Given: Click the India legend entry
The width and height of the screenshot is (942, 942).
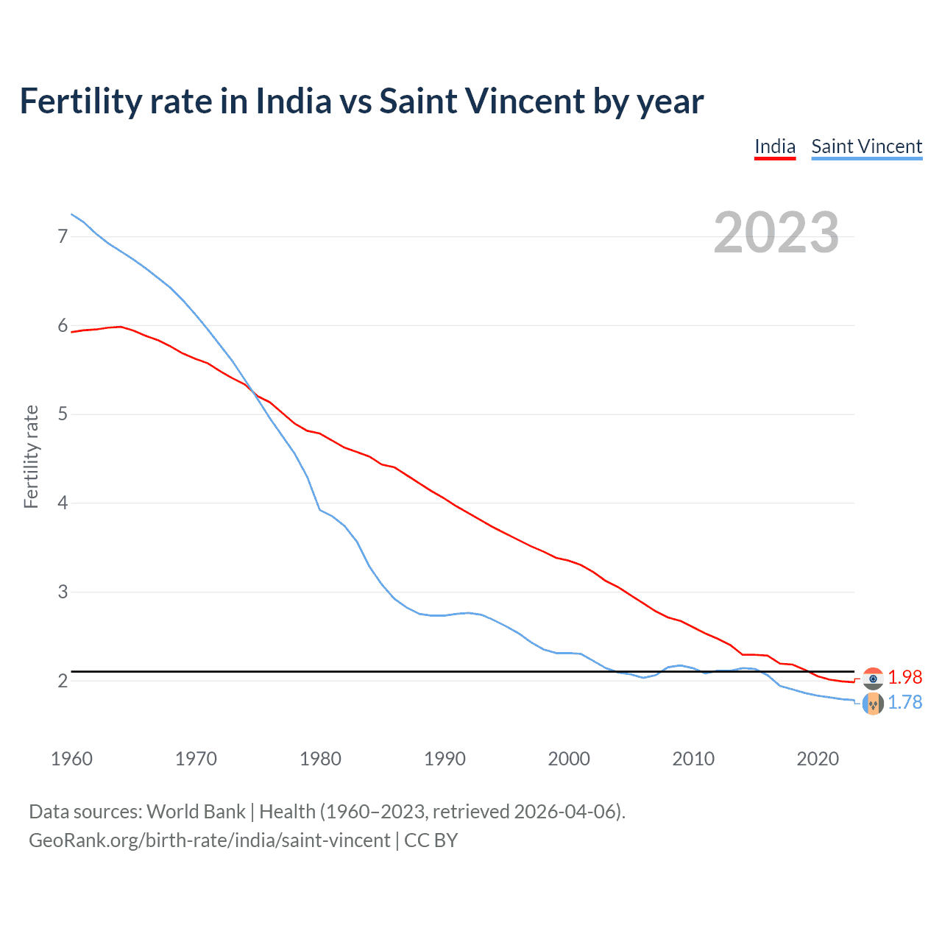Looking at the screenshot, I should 775,147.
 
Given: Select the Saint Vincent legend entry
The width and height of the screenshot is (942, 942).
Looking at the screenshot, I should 866,147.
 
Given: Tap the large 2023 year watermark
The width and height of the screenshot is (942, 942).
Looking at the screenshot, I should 776,233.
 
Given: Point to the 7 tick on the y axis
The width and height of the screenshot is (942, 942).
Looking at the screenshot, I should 63,236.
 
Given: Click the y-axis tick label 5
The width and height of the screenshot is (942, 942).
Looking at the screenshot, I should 63,414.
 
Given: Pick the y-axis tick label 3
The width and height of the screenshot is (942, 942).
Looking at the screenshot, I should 63,592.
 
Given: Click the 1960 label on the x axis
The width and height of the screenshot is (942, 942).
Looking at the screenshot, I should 71,759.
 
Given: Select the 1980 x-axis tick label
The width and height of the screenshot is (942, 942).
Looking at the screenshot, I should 320,759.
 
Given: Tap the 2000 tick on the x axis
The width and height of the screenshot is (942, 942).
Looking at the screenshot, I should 569,759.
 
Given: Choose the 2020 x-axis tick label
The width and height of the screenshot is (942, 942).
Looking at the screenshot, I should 818,759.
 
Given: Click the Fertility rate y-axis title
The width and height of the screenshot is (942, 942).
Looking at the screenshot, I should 31,456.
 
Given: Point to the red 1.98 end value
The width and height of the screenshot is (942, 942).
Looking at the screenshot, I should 904,677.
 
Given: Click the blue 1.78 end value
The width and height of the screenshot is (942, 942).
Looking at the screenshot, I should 904,703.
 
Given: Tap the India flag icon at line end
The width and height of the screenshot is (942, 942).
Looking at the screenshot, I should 873,678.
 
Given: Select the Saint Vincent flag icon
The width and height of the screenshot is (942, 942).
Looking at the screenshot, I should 873,704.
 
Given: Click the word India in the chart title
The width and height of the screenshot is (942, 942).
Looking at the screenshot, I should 294,102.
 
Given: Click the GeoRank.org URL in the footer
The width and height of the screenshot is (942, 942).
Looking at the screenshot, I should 209,840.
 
